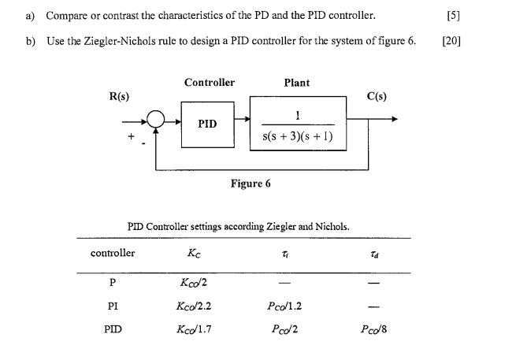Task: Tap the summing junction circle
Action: (x=155, y=121)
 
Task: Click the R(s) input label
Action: (x=120, y=96)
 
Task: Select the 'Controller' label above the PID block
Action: (x=209, y=82)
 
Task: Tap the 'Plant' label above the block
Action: (x=296, y=82)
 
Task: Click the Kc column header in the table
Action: (x=193, y=253)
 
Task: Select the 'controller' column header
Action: (x=113, y=253)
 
